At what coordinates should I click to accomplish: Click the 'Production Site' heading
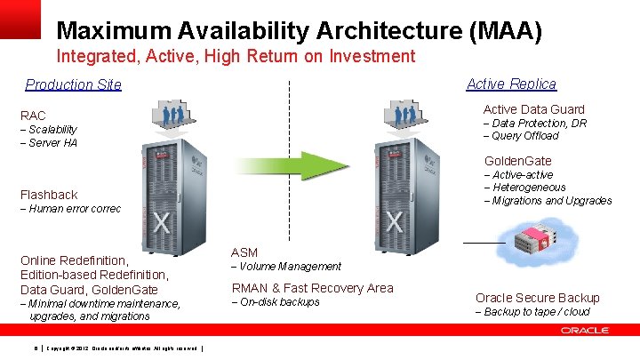[x=73, y=85]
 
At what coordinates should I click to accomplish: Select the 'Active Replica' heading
[x=511, y=84]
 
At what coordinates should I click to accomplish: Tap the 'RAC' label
[x=33, y=116]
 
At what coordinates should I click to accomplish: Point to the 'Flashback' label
[x=49, y=195]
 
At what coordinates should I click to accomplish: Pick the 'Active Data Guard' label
[x=533, y=109]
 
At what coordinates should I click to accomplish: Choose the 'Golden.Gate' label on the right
[x=517, y=161]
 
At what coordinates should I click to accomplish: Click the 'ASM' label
[x=244, y=252]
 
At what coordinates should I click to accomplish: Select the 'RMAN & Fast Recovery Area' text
[x=312, y=288]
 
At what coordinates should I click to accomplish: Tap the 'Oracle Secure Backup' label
[x=537, y=298]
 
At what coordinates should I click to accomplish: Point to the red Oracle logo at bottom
[x=584, y=330]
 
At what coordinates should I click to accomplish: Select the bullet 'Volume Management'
[x=289, y=267]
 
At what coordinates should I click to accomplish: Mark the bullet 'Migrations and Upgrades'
[x=550, y=200]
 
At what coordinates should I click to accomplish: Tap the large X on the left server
[x=160, y=221]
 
